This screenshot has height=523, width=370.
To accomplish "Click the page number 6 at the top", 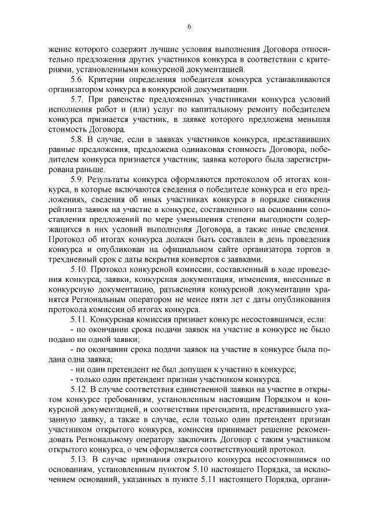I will tap(189, 26).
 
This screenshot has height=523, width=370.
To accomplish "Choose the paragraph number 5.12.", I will tap(79, 391).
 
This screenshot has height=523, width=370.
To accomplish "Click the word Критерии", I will tap(110, 79).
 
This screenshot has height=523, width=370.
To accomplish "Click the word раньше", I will tap(87, 170).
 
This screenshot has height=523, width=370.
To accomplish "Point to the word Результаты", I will tap(115, 180).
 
